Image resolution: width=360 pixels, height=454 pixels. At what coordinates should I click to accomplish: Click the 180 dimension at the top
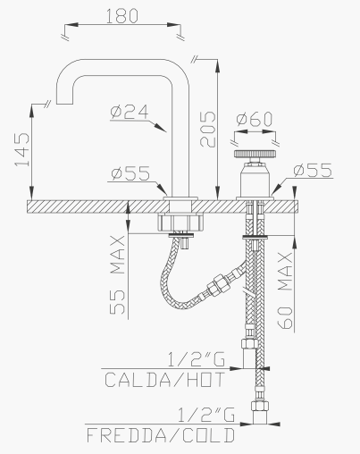coord(122,16)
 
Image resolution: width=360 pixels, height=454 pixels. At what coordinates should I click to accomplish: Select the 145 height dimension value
coord(22,149)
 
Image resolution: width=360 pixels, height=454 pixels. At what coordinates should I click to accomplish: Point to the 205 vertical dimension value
coord(207,130)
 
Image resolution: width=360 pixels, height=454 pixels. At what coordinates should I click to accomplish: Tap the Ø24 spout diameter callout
coord(130,112)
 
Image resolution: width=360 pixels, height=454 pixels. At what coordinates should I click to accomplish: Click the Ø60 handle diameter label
coord(255,119)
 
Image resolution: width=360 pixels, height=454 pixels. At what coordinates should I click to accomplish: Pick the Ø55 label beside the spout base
coord(130,173)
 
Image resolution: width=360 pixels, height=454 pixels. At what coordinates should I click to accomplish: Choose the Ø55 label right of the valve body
coord(313,170)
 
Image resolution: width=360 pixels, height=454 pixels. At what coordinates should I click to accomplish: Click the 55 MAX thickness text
coord(117,275)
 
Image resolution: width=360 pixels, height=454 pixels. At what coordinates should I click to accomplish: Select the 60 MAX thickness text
coord(285,290)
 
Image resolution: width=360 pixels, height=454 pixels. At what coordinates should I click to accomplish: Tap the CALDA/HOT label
coord(165,380)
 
